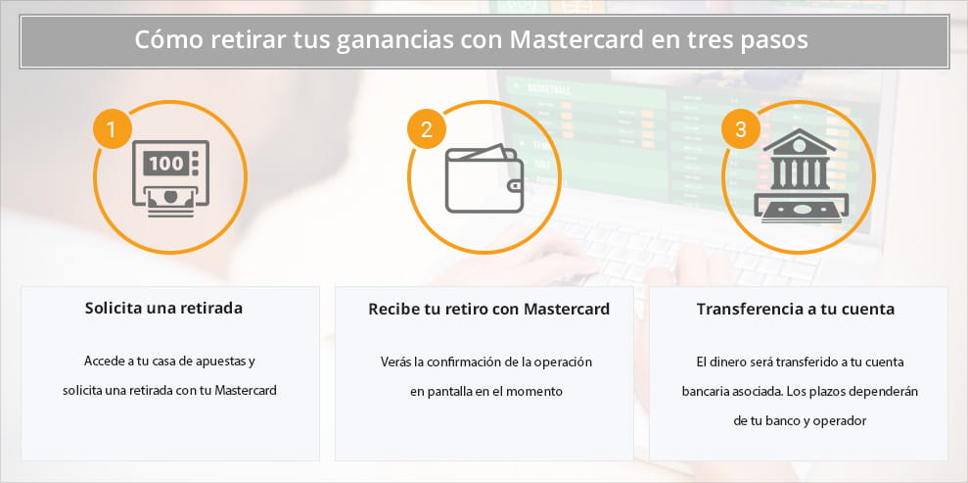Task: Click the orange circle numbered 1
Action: tap(113, 129)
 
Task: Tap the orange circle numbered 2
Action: tap(427, 129)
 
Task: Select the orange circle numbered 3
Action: tap(740, 129)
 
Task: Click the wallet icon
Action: tap(484, 179)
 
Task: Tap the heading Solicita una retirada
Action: tap(163, 309)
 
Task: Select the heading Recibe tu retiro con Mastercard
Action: tap(488, 309)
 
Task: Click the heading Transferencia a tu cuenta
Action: tap(795, 309)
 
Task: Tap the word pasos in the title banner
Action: tap(781, 42)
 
